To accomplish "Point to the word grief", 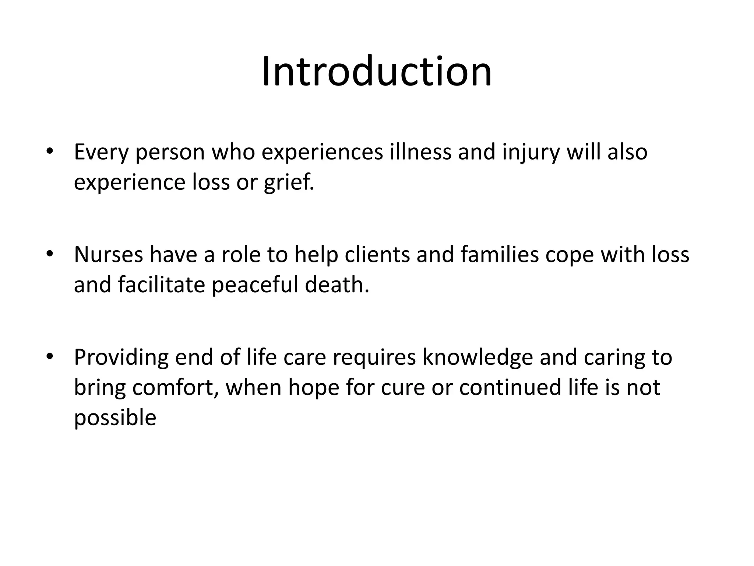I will click(289, 182).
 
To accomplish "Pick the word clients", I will click(377, 255).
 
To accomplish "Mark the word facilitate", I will click(161, 284).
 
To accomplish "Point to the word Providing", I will click(121, 357).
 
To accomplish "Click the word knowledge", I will click(478, 357).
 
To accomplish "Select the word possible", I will click(115, 418).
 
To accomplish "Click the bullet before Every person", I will click(49, 152).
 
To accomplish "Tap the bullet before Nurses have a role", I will click(49, 255).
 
